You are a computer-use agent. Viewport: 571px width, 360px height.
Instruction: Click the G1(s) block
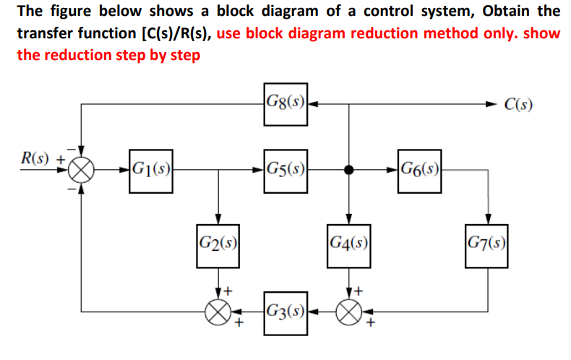[151, 171]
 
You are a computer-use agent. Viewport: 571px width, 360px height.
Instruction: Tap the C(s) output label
[518, 106]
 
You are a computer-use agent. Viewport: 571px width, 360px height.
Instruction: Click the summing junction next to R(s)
[82, 171]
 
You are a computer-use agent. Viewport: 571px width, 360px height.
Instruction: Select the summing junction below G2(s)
[218, 312]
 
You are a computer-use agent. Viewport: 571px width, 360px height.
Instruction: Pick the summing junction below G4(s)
[349, 312]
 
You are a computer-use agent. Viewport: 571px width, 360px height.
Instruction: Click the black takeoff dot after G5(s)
[349, 171]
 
